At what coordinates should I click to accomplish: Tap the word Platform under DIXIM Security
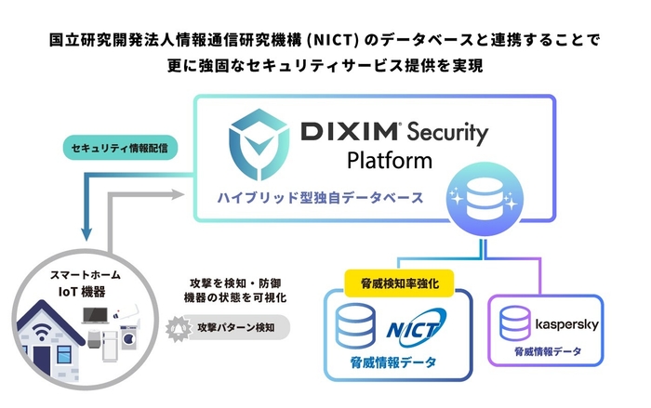(x=389, y=161)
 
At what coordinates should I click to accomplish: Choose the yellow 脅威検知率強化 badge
(x=398, y=279)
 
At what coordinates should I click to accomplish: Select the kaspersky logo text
(x=568, y=323)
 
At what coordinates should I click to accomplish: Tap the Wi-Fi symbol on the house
(x=43, y=334)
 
